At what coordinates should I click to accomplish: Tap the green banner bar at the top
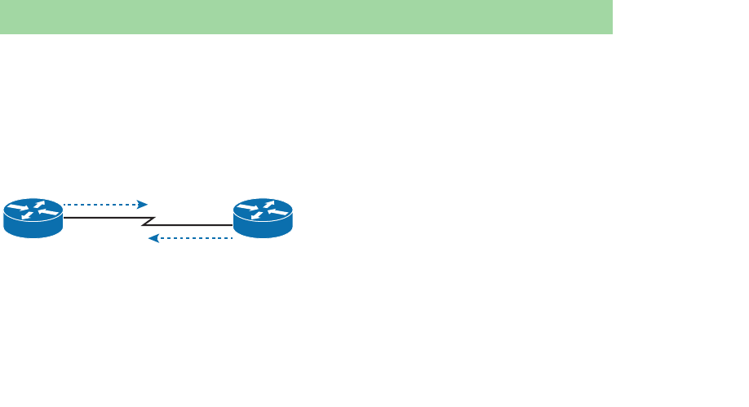306,16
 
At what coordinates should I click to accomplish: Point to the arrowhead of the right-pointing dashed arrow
143,205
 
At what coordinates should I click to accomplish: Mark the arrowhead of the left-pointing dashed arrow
152,238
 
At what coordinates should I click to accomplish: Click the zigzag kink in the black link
148,221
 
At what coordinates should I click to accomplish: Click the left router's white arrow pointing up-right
38,205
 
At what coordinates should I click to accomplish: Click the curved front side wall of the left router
33,229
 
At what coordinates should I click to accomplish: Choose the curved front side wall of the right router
262,229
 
